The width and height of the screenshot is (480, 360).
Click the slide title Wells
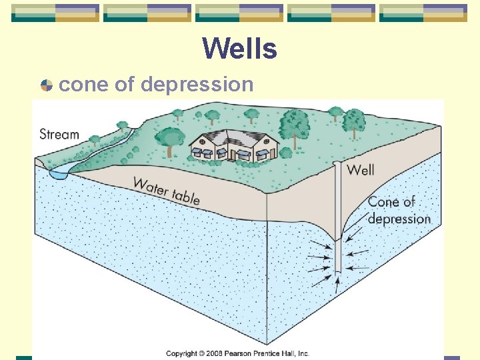(x=239, y=48)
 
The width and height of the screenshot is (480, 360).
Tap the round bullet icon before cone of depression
(x=46, y=85)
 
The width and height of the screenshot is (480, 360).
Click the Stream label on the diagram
(x=59, y=134)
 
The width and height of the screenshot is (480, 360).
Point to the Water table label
(x=166, y=191)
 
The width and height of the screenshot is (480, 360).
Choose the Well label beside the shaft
(x=360, y=170)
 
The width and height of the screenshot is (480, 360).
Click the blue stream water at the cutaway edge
(x=59, y=173)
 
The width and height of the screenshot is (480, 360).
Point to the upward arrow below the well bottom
(x=338, y=283)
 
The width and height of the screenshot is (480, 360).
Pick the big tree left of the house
(x=173, y=139)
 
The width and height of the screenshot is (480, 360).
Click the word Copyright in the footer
(x=182, y=353)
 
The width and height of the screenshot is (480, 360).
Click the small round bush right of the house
(x=286, y=153)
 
